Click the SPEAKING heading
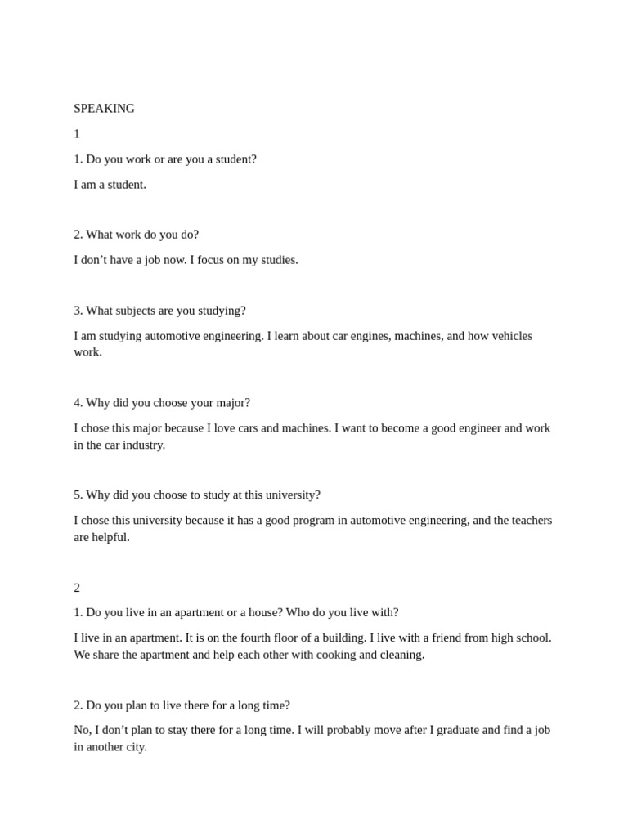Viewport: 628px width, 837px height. pos(104,109)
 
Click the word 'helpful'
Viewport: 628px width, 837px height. pos(111,538)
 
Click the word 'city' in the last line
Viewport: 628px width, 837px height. pos(135,747)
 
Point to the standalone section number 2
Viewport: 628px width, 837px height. pos(77,588)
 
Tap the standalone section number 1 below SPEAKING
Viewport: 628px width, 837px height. pos(77,134)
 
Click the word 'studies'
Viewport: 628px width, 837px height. pos(276,260)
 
